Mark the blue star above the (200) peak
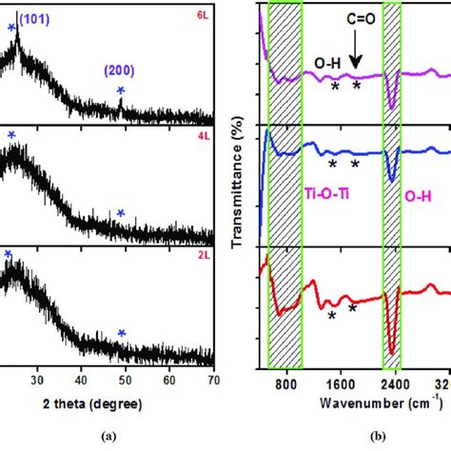(x=120, y=90)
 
